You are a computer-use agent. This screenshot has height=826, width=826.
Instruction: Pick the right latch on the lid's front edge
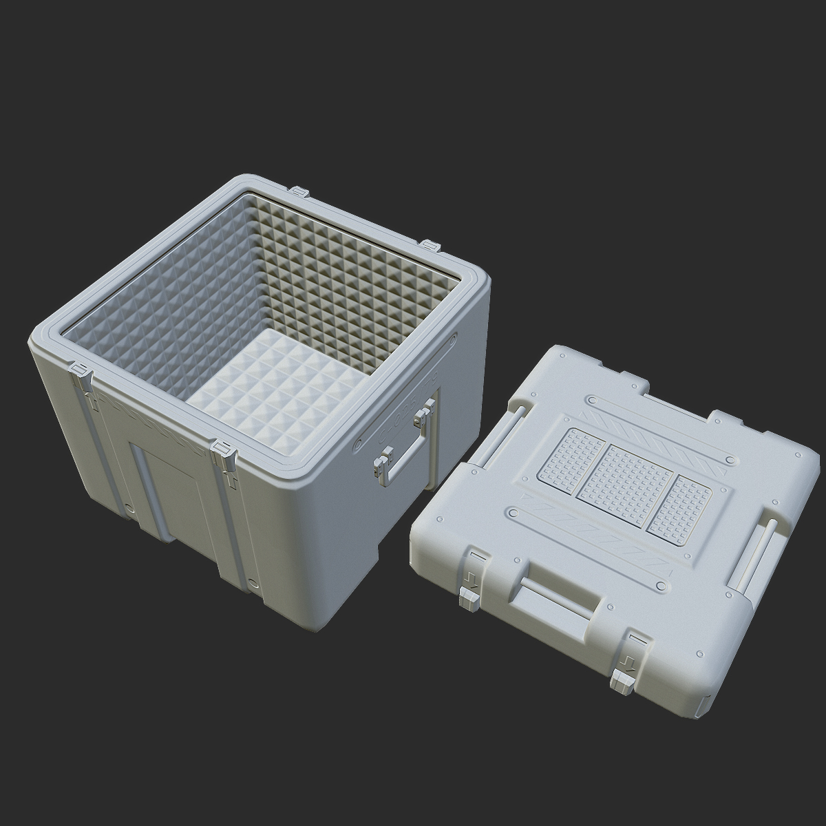coord(625,657)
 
